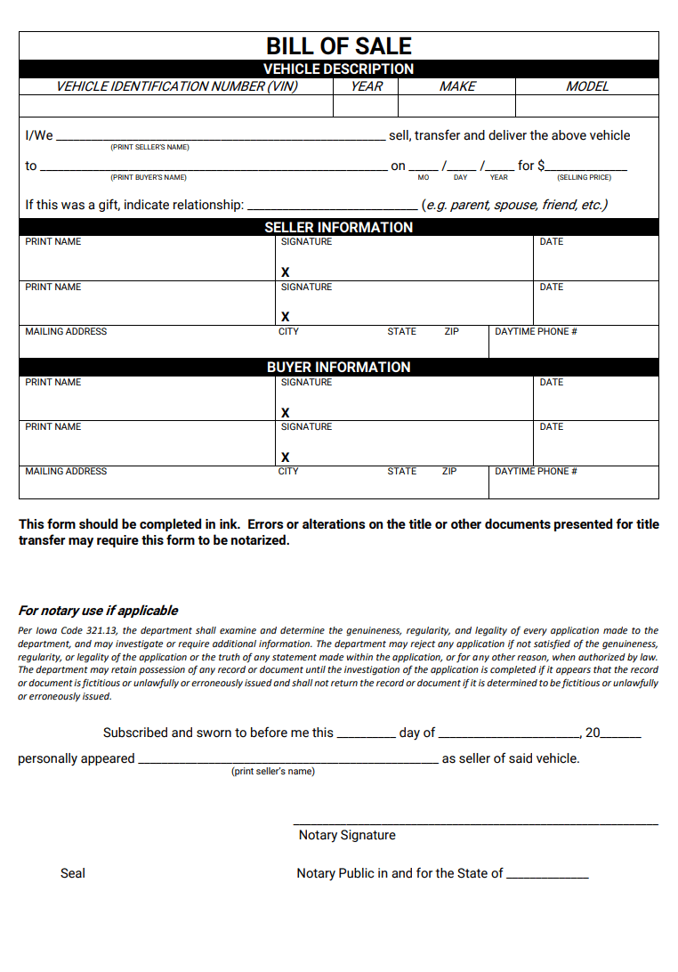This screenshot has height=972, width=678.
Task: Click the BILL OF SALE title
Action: click(339, 46)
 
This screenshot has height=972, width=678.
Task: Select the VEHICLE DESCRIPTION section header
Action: click(339, 69)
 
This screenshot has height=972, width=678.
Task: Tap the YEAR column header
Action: click(366, 86)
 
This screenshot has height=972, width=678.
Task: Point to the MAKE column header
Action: click(457, 86)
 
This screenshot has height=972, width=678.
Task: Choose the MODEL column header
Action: click(587, 86)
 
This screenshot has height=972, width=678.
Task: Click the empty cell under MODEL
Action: click(587, 106)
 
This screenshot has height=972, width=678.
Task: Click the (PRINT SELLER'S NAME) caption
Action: click(149, 147)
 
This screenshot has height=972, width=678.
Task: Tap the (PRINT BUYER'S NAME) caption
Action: click(149, 177)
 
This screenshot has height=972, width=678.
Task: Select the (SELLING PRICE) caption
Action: click(584, 177)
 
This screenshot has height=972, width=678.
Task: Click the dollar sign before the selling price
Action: click(542, 166)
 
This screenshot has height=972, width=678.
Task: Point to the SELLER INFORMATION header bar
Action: click(339, 227)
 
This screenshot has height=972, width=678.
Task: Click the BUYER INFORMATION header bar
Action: click(339, 367)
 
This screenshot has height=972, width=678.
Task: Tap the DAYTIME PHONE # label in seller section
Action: click(536, 331)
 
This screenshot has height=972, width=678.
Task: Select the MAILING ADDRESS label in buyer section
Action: click(66, 471)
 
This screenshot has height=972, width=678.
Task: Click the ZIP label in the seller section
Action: click(452, 331)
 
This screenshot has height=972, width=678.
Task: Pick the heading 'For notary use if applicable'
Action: click(98, 611)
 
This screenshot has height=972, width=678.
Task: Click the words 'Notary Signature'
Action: click(347, 835)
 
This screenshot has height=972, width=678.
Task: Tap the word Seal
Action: click(73, 873)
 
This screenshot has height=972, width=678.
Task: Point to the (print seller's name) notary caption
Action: click(273, 771)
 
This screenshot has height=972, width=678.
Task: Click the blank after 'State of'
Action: click(547, 875)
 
